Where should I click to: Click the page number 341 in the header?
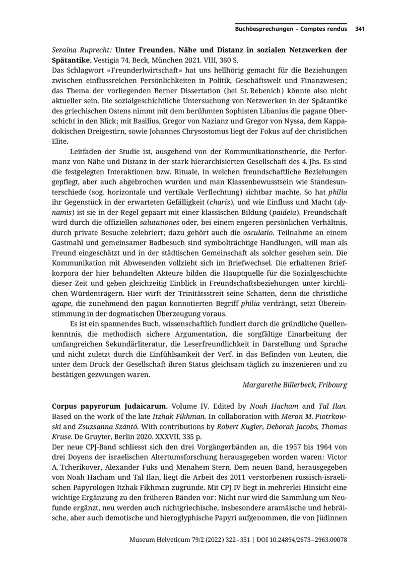point(360,29)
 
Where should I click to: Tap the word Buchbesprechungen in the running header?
point(264,29)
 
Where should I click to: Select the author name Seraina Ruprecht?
point(82,50)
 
